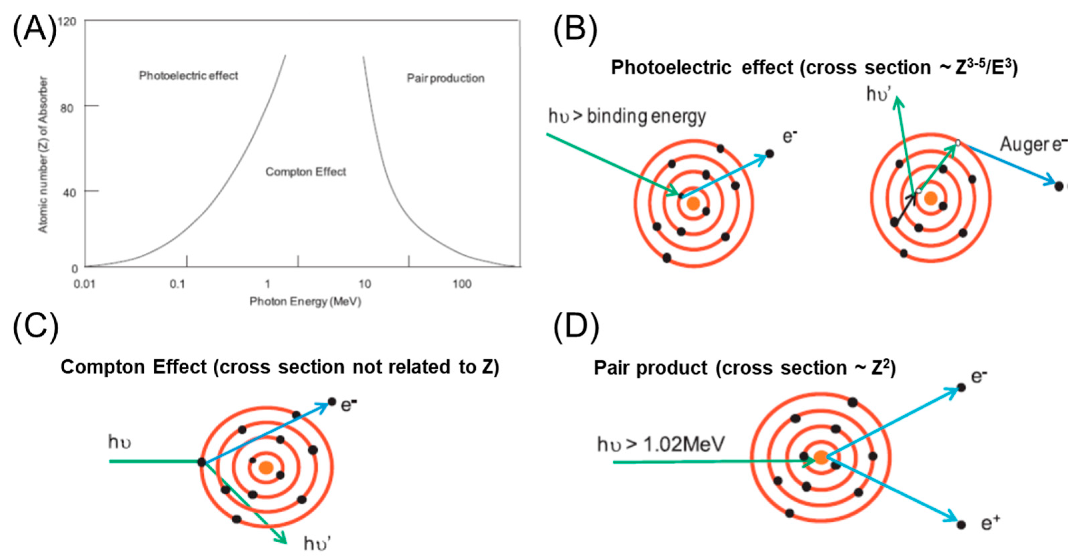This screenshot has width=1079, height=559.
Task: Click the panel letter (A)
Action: coord(34,29)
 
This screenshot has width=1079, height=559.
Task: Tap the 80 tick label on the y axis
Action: coord(67,108)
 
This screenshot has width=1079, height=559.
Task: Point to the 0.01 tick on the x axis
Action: coord(85,284)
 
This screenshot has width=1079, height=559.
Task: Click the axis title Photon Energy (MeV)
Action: coord(305,301)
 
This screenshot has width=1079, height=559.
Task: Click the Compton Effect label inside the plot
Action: coord(306,172)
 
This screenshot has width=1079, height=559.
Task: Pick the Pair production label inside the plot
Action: coord(446,78)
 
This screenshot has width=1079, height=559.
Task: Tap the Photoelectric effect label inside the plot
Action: coord(188,76)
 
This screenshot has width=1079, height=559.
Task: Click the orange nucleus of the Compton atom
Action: coord(266,468)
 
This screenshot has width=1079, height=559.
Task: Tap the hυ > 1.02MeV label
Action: coord(661,445)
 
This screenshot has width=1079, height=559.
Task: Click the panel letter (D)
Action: coord(576,327)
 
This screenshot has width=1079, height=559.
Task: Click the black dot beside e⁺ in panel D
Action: coord(961,525)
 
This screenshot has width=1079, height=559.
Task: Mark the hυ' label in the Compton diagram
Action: coord(317,544)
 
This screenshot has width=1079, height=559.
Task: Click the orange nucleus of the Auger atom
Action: coord(931,198)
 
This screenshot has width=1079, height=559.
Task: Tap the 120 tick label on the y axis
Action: coord(67,21)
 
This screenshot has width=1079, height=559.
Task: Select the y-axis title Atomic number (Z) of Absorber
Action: coord(43,155)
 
